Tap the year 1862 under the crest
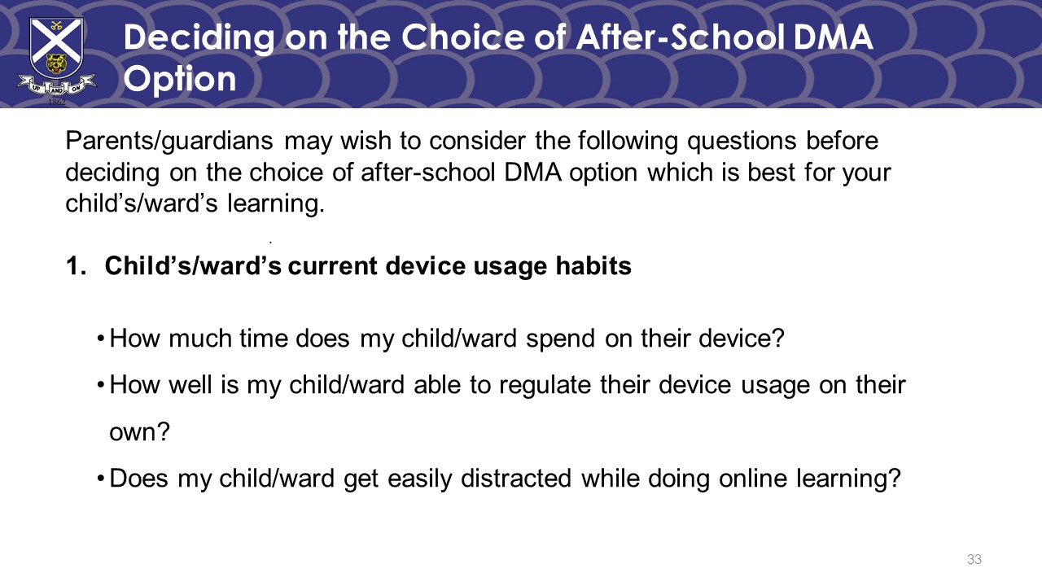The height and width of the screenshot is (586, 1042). [57, 102]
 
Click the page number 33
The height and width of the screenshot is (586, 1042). [974, 559]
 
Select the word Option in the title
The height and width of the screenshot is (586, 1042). [180, 79]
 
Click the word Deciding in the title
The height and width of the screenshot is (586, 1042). [199, 38]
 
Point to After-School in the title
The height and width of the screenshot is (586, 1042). [681, 37]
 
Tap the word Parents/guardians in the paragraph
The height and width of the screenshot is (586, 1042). [169, 142]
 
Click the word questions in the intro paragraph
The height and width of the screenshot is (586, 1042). [742, 142]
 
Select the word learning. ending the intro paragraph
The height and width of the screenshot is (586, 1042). [275, 203]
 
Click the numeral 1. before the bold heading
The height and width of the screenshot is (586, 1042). [77, 266]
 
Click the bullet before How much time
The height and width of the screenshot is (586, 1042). [100, 339]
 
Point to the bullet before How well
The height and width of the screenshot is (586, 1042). [100, 386]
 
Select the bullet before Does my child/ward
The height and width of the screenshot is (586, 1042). [100, 479]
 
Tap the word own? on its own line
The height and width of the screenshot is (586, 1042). [139, 432]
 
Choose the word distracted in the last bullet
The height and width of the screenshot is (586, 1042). [516, 478]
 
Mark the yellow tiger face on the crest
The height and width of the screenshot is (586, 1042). [56, 64]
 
